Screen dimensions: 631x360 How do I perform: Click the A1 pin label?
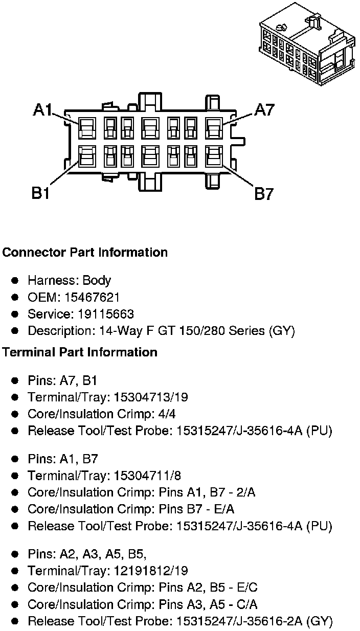[43, 110]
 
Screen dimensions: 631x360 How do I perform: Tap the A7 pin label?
[264, 110]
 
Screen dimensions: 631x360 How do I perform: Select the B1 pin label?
[41, 193]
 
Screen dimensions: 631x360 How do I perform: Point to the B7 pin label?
[264, 194]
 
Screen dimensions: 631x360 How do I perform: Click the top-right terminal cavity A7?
[213, 127]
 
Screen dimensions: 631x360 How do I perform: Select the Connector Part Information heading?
[85, 253]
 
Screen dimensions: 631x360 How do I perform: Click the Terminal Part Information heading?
[80, 352]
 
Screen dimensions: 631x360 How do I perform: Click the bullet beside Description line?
[15, 331]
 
